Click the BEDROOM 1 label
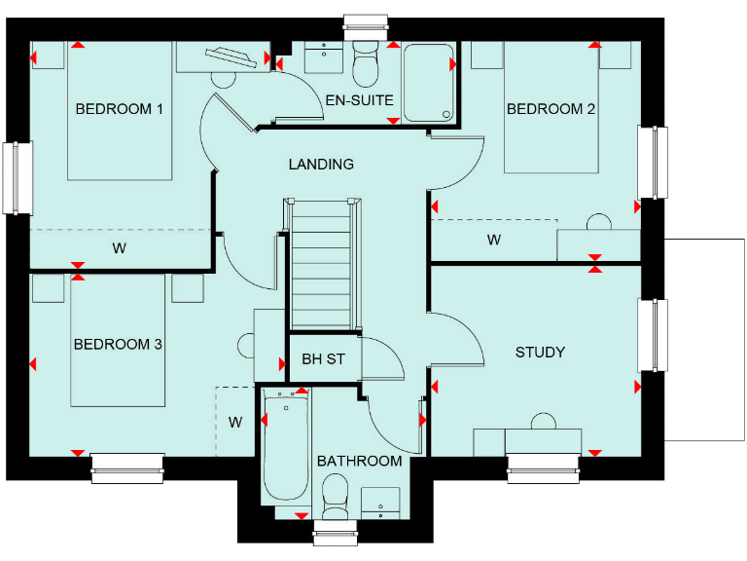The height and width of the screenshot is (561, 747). coord(119,108)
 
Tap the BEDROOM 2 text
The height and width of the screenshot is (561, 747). coord(551,108)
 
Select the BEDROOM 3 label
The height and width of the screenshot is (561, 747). coord(118,344)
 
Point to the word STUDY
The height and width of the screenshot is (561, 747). coord(540,352)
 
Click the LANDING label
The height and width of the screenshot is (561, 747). coord(321,165)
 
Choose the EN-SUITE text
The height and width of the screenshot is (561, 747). coord(360,99)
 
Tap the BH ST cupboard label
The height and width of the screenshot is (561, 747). coord(323,359)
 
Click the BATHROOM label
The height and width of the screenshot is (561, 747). coord(359,461)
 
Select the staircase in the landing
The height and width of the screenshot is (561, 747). coord(322,263)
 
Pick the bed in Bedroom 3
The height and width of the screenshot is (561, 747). coord(119,341)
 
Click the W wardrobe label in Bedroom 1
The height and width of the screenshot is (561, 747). coord(119,248)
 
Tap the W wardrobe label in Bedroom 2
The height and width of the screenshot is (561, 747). coord(493,240)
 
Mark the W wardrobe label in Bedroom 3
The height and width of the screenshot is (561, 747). coord(235,422)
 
